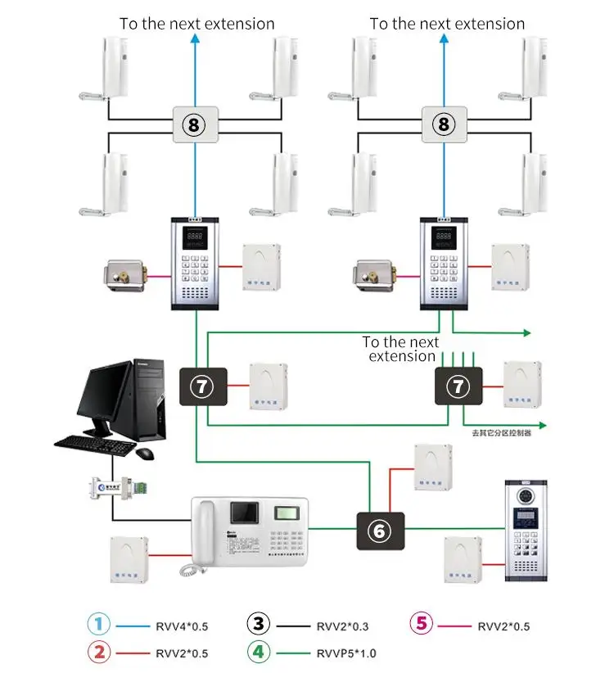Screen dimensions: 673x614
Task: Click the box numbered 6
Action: pos(378,531)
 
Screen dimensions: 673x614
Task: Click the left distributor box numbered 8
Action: pos(194,124)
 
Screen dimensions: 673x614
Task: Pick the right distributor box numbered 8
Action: pos(445,124)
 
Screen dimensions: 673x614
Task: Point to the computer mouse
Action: pos(145,453)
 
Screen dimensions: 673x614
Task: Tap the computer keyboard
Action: pos(93,444)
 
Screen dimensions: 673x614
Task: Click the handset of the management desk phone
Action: pos(203,540)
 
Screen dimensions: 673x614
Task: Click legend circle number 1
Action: pos(97,625)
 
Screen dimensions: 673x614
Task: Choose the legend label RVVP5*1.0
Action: pos(347,653)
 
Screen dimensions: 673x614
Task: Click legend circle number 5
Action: pos(421,624)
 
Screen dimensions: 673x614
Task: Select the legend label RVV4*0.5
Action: pos(182,626)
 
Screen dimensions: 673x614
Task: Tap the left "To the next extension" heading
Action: pos(196,24)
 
